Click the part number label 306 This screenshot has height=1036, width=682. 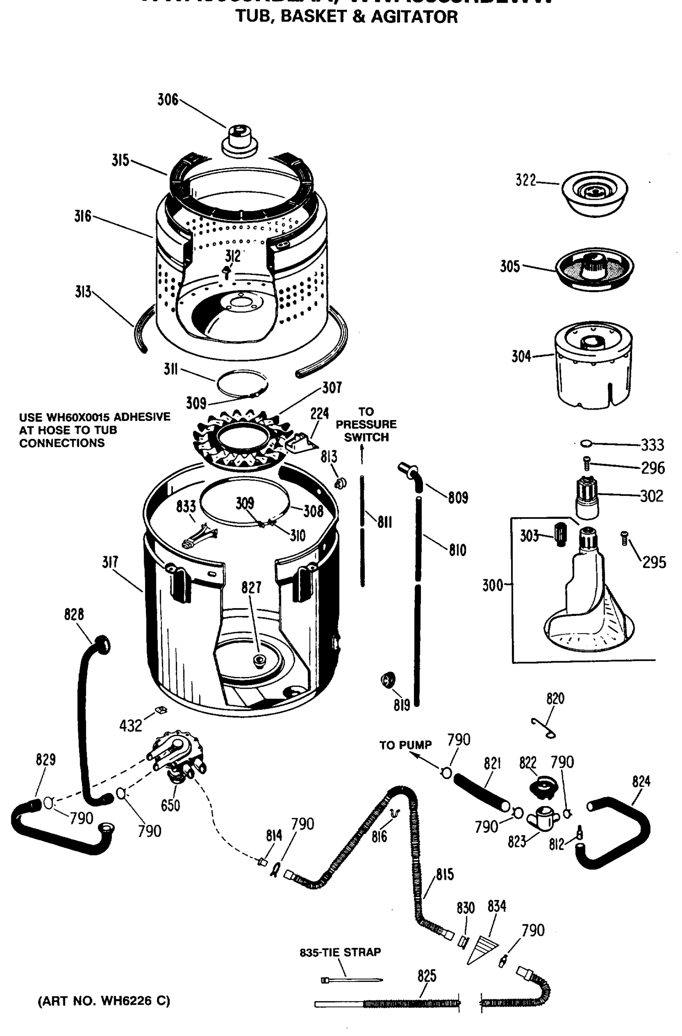coord(168,100)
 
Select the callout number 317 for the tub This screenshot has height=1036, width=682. coord(110,562)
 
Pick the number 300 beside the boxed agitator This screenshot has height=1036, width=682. coord(492,585)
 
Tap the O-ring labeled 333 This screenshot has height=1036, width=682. coord(586,443)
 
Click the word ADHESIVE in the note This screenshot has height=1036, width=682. coord(142,417)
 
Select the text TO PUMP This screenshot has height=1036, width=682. coord(405,745)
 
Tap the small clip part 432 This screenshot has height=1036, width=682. coord(161,711)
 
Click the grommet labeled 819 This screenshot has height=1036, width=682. coord(388,680)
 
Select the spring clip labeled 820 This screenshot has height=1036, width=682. coord(544,728)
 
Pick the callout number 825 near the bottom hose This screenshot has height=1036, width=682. coord(426,976)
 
